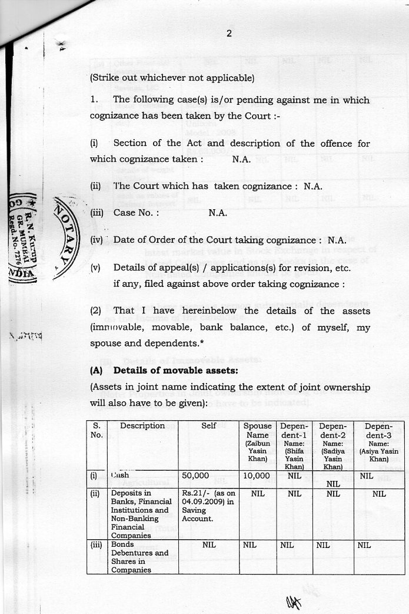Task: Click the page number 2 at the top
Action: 229,33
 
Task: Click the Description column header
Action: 142,425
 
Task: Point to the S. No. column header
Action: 97,430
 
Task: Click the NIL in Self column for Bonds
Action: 209,546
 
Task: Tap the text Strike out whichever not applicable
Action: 172,78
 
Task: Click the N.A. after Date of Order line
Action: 337,240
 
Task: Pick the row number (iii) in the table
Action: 97,546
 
